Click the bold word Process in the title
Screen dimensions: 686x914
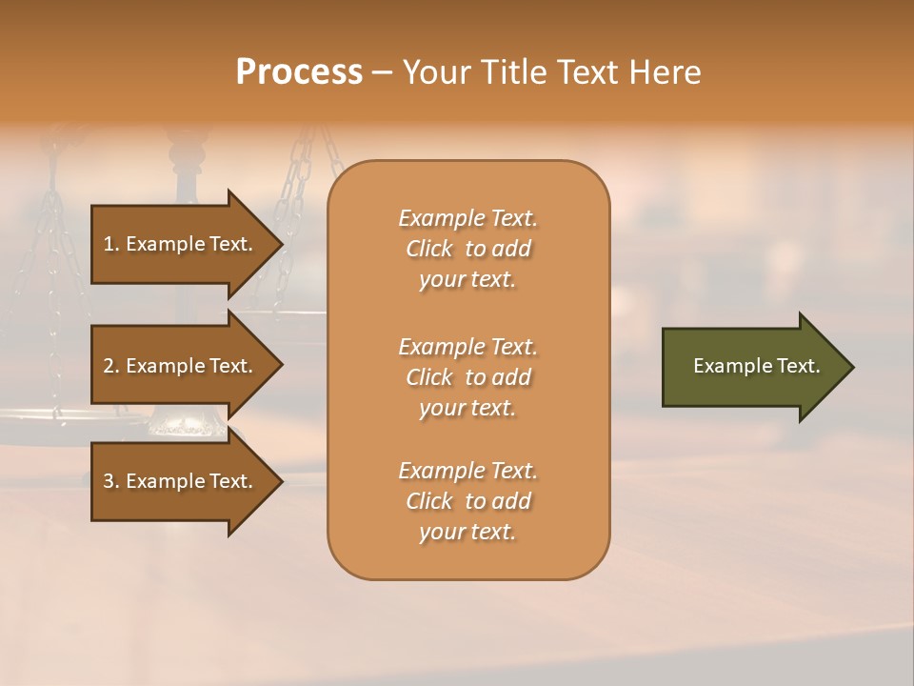pos(299,72)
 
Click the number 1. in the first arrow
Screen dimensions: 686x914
pos(111,244)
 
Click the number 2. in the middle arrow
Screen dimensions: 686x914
pos(111,366)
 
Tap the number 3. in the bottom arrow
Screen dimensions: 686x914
pos(111,481)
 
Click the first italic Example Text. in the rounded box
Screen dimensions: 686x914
pos(467,218)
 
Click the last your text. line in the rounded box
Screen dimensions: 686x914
pos(467,532)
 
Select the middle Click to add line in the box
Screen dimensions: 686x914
pos(467,377)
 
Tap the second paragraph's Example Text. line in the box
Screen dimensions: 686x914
pos(467,346)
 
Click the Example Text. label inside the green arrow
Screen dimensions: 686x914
pos(756,366)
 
